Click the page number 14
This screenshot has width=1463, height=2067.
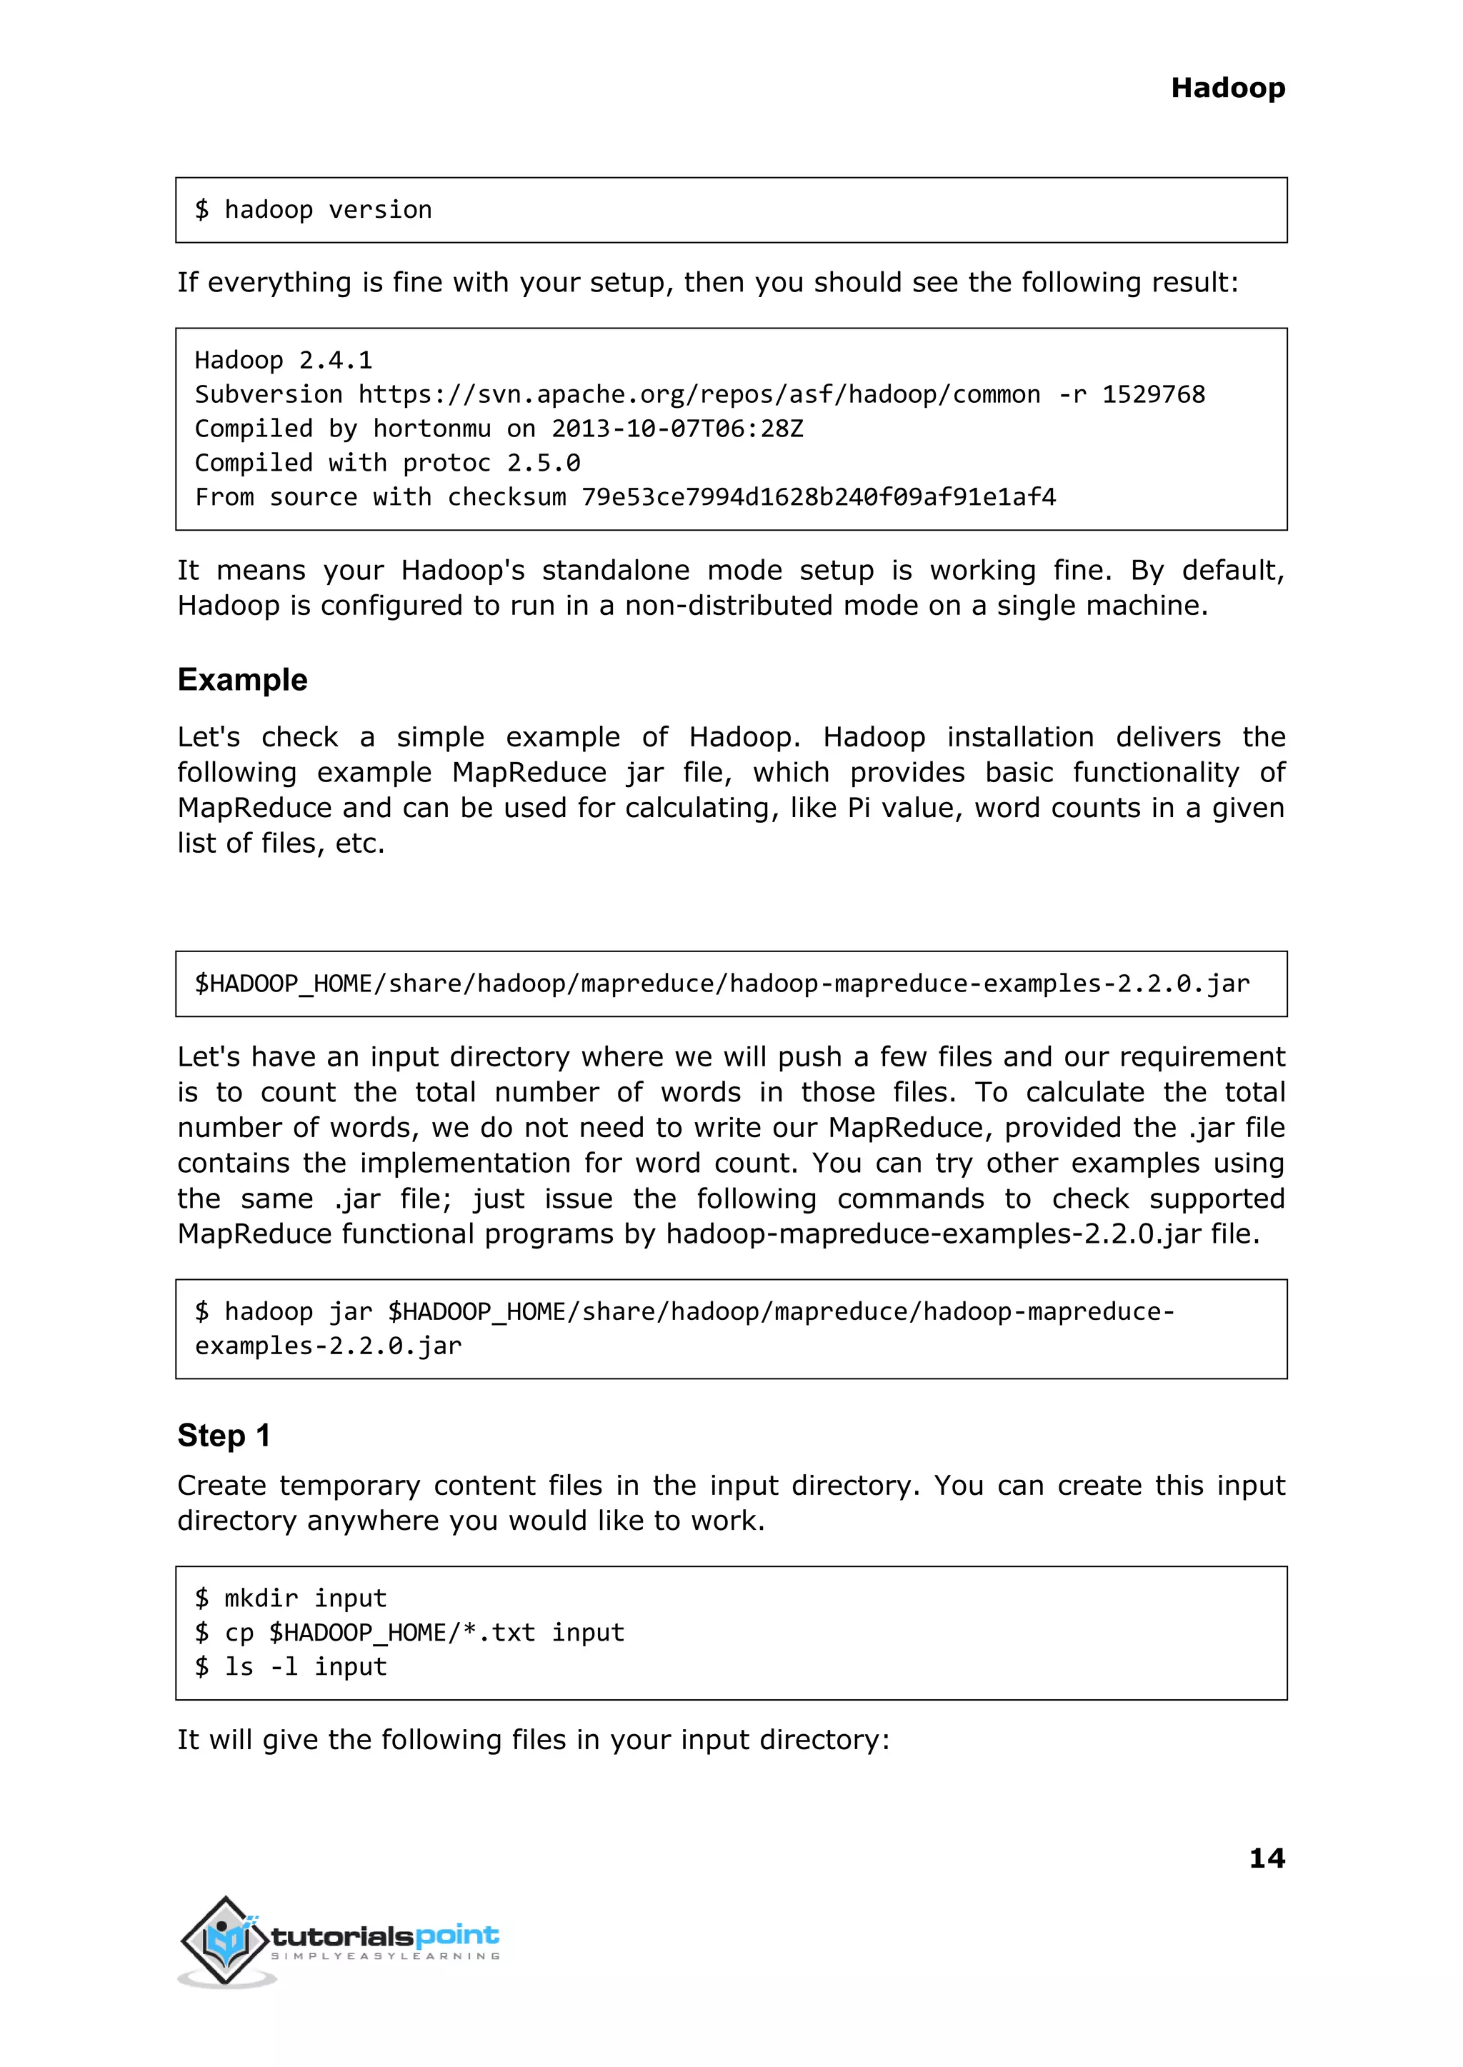pos(1267,1857)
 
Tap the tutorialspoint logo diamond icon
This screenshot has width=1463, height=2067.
pos(224,1940)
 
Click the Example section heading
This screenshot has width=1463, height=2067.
pos(242,679)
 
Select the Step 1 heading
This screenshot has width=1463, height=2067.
pos(224,1435)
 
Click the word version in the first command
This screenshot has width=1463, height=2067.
pos(379,210)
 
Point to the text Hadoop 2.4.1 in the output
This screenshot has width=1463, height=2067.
pos(283,360)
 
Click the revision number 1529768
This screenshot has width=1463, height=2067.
pos(1153,394)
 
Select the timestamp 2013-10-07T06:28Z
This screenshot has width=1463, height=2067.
pos(676,429)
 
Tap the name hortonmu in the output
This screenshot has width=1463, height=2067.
pos(431,429)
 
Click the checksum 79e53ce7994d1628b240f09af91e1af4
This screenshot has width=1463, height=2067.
pos(818,497)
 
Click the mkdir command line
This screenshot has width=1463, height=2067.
pos(290,1598)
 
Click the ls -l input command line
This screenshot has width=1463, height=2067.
pos(290,1666)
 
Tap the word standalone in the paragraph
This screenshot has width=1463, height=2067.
pos(614,570)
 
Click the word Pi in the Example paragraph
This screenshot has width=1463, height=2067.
pos(859,808)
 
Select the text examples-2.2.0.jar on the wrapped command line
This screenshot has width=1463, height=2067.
pos(328,1346)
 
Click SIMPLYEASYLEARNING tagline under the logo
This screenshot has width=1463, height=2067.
pos(386,1956)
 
